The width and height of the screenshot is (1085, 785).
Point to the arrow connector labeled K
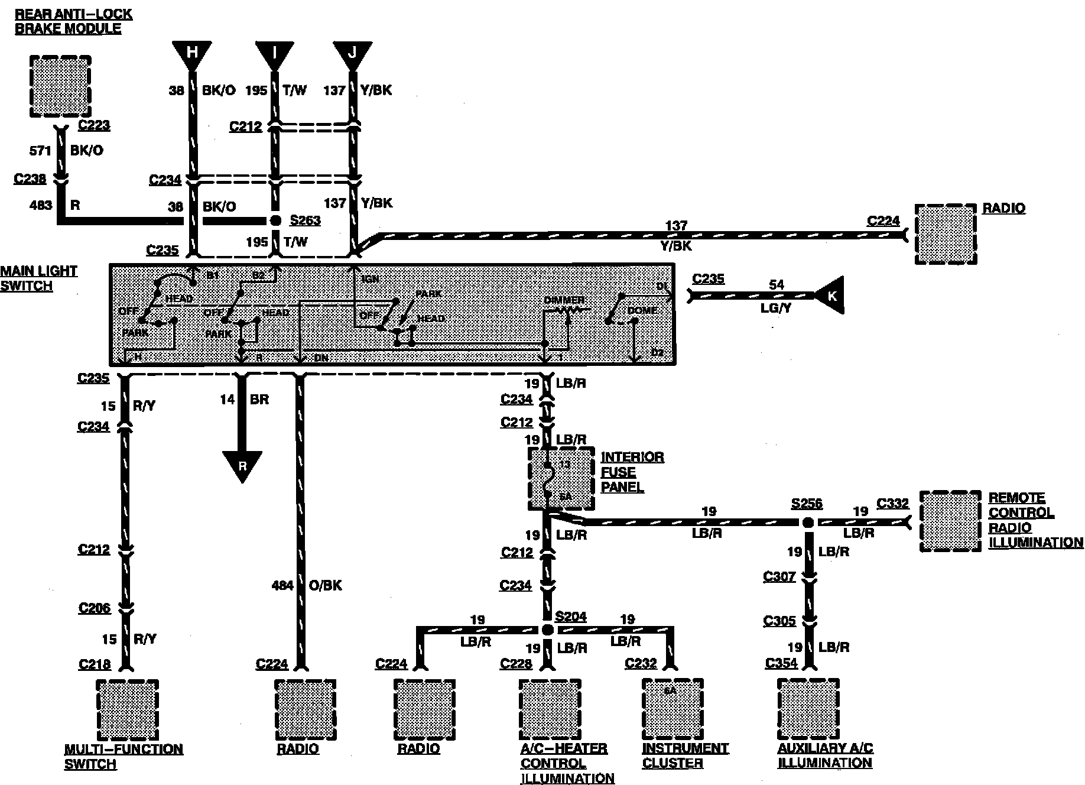coord(830,295)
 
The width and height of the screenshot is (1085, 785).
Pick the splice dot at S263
coord(275,220)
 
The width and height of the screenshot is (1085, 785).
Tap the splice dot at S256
coord(808,523)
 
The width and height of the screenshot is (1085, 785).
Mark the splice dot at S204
coord(548,630)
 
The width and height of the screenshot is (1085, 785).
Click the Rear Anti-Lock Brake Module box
coord(60,87)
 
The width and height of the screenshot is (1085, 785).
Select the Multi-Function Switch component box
coord(128,709)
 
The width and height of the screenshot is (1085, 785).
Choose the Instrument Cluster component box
coord(673,709)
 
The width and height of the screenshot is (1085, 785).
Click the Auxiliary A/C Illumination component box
coord(808,709)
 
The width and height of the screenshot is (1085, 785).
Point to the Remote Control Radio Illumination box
coord(950,521)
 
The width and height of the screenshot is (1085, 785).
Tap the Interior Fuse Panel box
coord(560,478)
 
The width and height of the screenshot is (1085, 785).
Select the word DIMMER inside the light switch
coord(564,300)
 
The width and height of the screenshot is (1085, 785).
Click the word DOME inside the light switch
coord(642,310)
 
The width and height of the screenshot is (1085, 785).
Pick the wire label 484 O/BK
coord(306,585)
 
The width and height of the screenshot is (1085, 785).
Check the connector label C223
coord(93,125)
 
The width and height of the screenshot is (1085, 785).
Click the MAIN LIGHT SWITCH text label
coord(39,278)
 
